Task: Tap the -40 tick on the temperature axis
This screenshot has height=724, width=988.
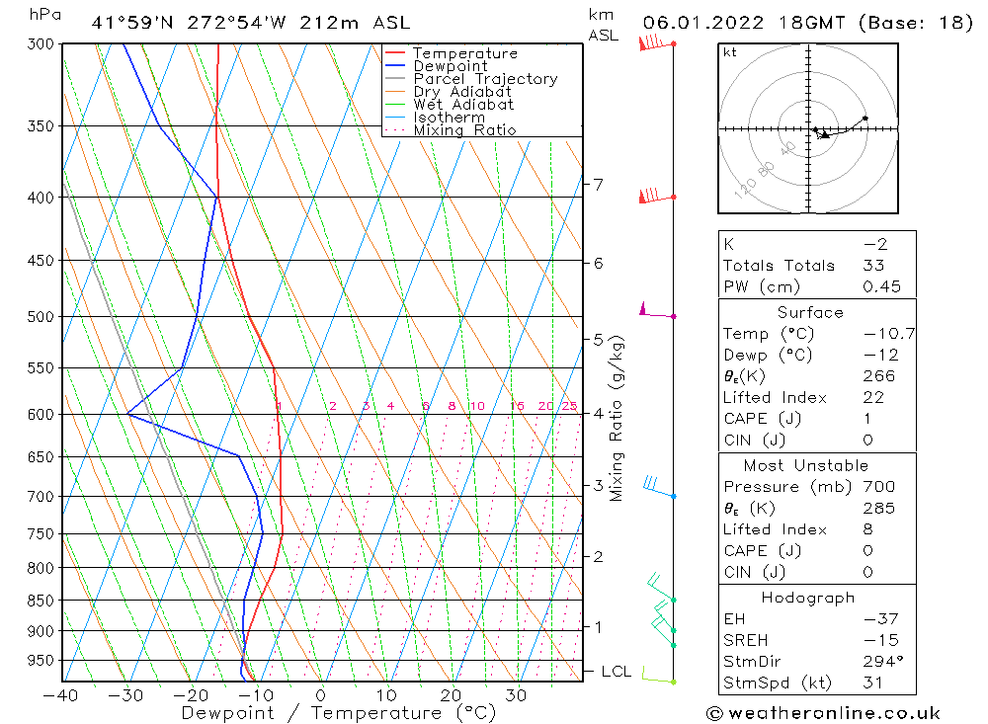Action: pyautogui.click(x=61, y=694)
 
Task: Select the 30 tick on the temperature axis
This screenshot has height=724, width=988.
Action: pyautogui.click(x=516, y=694)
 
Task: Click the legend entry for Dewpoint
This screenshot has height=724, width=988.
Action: pyautogui.click(x=450, y=66)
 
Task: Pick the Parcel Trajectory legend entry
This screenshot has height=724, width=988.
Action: pyautogui.click(x=485, y=79)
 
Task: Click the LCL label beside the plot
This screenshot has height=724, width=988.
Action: pyautogui.click(x=616, y=672)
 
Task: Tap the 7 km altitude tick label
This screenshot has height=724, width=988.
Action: pyautogui.click(x=598, y=184)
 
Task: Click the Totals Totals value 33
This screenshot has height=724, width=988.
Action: pyautogui.click(x=873, y=265)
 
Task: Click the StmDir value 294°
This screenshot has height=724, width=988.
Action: pyautogui.click(x=882, y=660)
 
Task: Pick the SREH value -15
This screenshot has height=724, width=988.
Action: pyautogui.click(x=878, y=639)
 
